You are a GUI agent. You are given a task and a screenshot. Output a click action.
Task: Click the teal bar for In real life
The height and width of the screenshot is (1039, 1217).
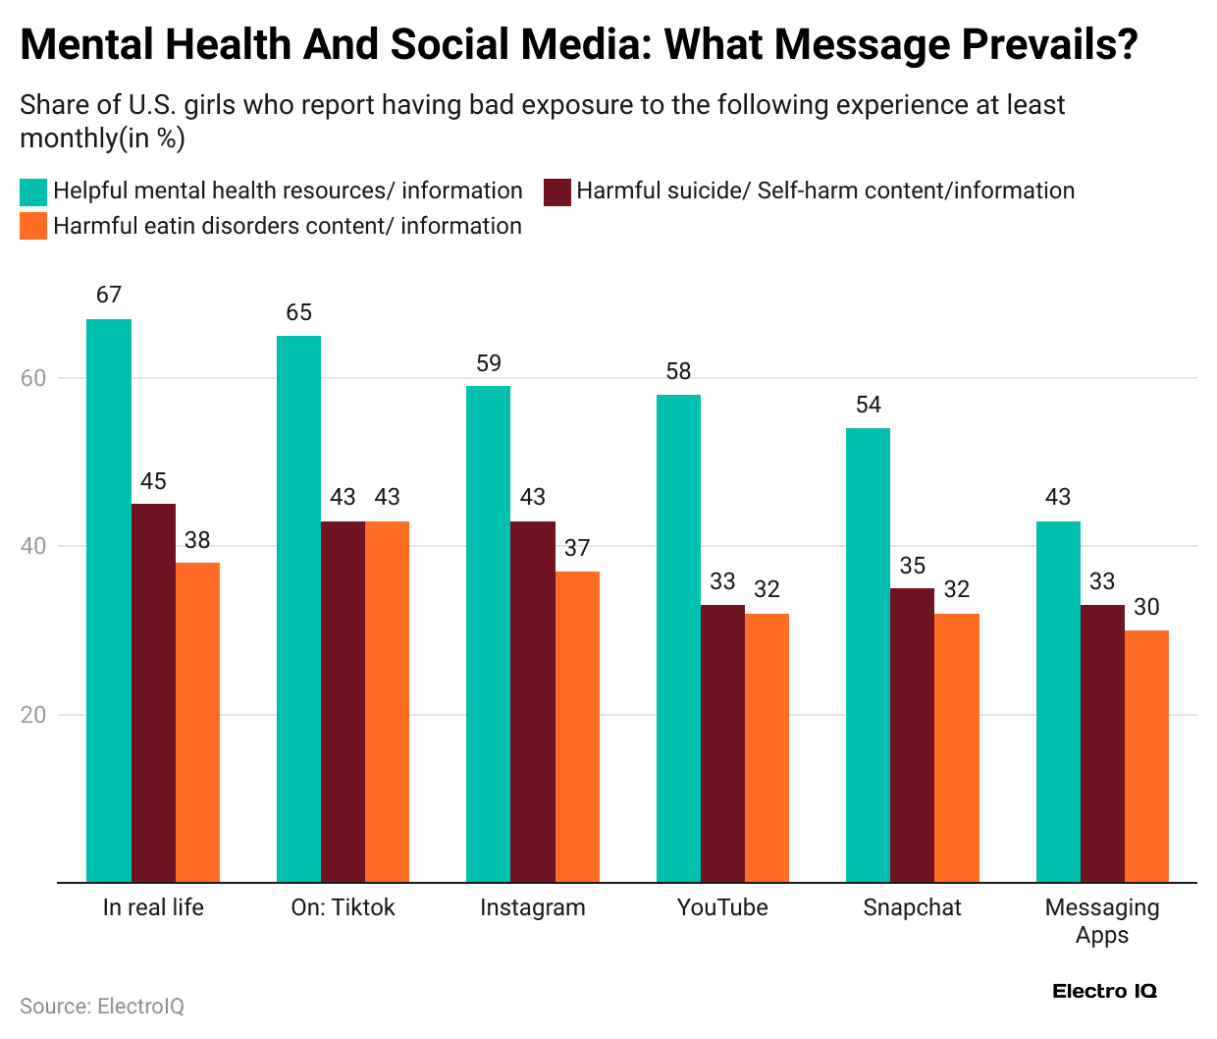pos(109,600)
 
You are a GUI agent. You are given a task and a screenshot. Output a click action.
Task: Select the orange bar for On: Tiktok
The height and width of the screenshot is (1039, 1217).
pos(387,701)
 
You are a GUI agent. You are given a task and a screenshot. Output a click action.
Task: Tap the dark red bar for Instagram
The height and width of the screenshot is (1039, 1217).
pos(532,701)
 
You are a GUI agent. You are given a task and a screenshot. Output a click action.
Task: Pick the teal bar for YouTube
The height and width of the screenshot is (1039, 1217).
pos(678,638)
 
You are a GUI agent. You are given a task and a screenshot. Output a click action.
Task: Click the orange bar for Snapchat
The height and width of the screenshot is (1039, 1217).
pos(956,747)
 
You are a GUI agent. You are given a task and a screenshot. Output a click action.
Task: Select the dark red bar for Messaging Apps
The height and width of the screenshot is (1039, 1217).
pos(1102,743)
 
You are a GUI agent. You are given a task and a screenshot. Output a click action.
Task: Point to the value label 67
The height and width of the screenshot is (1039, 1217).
pos(109,295)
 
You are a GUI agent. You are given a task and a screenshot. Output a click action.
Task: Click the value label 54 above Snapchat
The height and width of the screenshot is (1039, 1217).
pos(868,405)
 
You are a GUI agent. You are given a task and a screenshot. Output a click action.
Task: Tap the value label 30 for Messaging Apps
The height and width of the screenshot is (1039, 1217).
pos(1146,607)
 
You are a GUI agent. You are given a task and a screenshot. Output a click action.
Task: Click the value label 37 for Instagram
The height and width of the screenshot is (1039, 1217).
pos(577,548)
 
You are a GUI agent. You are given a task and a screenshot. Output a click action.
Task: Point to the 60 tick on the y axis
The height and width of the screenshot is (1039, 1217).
pos(33,378)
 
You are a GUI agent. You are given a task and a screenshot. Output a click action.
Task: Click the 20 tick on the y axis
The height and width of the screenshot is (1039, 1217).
pos(33,715)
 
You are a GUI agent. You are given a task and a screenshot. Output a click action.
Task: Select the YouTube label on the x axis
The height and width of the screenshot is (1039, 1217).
pos(722,907)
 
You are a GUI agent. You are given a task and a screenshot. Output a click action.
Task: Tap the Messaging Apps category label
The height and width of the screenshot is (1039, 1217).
pos(1102,920)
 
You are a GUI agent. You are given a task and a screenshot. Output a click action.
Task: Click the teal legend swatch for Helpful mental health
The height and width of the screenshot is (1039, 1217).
pos(33,191)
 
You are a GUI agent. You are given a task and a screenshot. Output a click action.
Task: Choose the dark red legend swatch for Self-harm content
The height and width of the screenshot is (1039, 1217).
pos(556,191)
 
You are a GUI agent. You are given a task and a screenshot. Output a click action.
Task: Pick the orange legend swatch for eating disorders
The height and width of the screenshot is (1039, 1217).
pos(33,227)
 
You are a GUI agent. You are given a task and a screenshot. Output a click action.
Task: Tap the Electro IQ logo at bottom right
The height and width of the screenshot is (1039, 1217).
pos(1104,991)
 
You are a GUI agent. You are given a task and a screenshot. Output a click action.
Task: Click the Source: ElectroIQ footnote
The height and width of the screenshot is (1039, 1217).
pos(102,1007)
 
